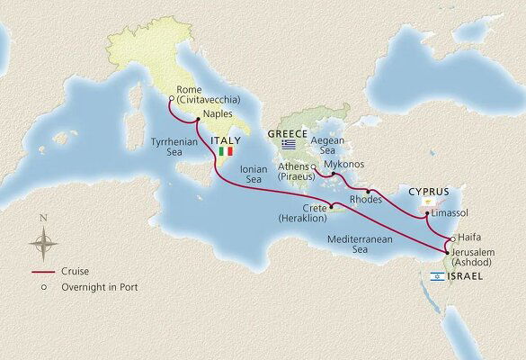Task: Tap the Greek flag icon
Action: click(289, 145)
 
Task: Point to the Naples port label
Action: click(219, 114)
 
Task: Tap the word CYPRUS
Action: click(427, 192)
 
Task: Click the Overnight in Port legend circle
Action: click(32, 287)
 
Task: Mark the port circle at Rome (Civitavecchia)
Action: click(172, 100)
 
